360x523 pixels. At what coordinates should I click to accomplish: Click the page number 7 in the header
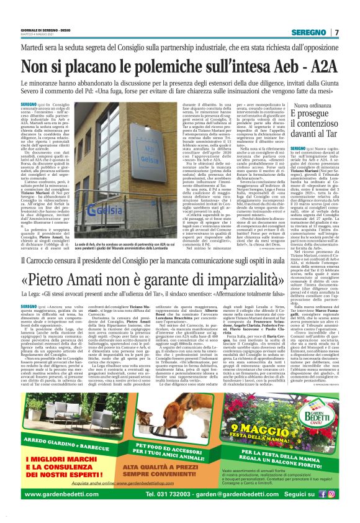coord(337,32)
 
